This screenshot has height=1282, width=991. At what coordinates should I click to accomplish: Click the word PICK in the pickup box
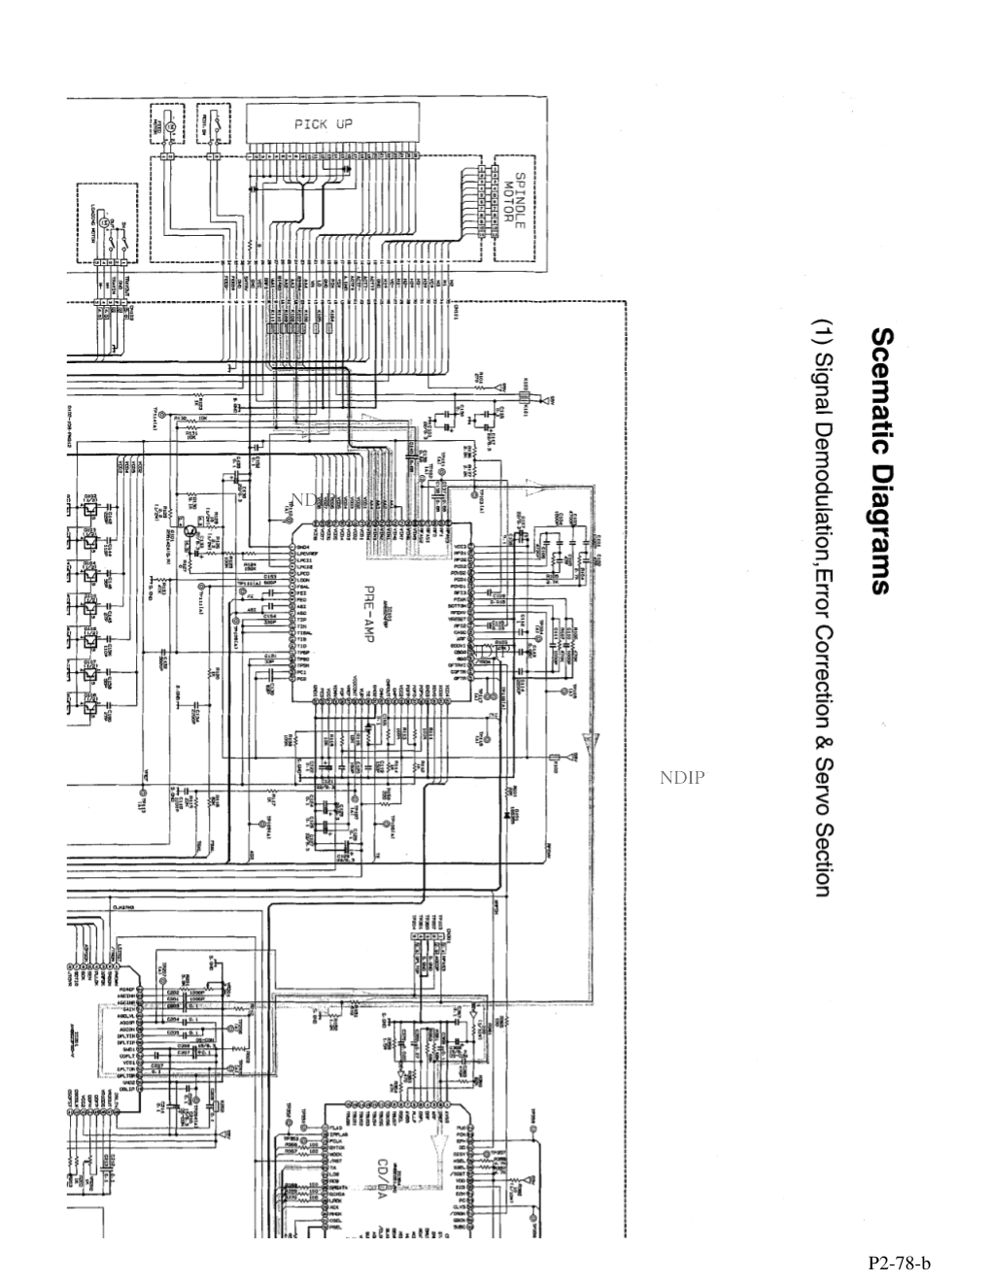(x=312, y=124)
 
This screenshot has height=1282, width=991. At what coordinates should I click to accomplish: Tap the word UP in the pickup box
(x=343, y=124)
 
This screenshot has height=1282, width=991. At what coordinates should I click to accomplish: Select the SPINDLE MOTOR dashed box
(x=513, y=207)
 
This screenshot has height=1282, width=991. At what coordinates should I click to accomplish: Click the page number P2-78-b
(x=900, y=1263)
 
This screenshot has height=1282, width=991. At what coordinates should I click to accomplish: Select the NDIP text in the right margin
(x=682, y=777)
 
